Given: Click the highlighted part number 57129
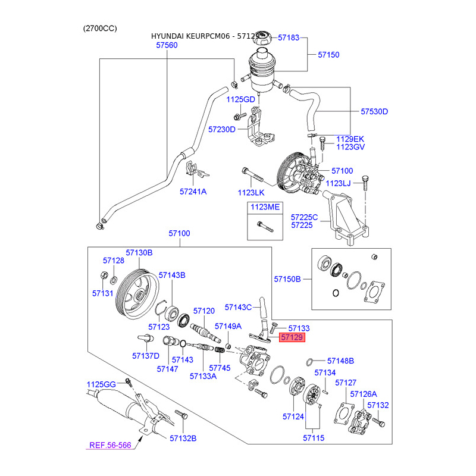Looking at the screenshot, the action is [x=292, y=337].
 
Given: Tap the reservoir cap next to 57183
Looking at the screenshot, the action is [x=263, y=38].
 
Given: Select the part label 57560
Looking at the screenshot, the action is [x=167, y=45].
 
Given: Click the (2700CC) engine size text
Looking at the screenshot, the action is [x=100, y=29].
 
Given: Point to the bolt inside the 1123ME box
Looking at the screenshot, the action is [x=265, y=227].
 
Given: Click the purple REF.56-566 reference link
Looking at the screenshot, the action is [x=110, y=445].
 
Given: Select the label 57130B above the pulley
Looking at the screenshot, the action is [x=139, y=252].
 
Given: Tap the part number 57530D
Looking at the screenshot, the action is [x=374, y=112].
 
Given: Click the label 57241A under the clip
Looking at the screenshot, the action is [x=193, y=192].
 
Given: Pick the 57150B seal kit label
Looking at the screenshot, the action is [x=287, y=279].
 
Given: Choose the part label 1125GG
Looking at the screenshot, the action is [x=101, y=384].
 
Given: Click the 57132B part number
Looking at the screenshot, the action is [x=183, y=439].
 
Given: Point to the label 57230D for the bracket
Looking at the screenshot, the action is [x=221, y=130].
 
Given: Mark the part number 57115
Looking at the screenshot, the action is [x=314, y=438].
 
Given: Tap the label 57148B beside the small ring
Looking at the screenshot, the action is [x=340, y=361].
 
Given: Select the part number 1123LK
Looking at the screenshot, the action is [x=250, y=193].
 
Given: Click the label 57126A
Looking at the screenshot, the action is [x=364, y=394].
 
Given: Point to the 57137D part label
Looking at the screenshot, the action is [x=146, y=356].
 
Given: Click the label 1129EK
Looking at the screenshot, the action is [x=350, y=139].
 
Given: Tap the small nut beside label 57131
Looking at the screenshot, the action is [x=104, y=275].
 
